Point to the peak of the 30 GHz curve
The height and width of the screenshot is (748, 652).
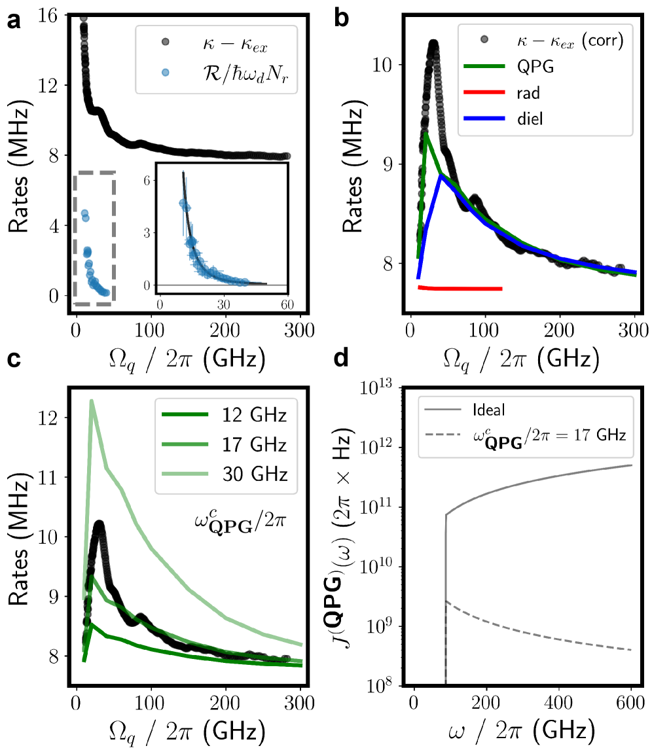pos(92,401)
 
